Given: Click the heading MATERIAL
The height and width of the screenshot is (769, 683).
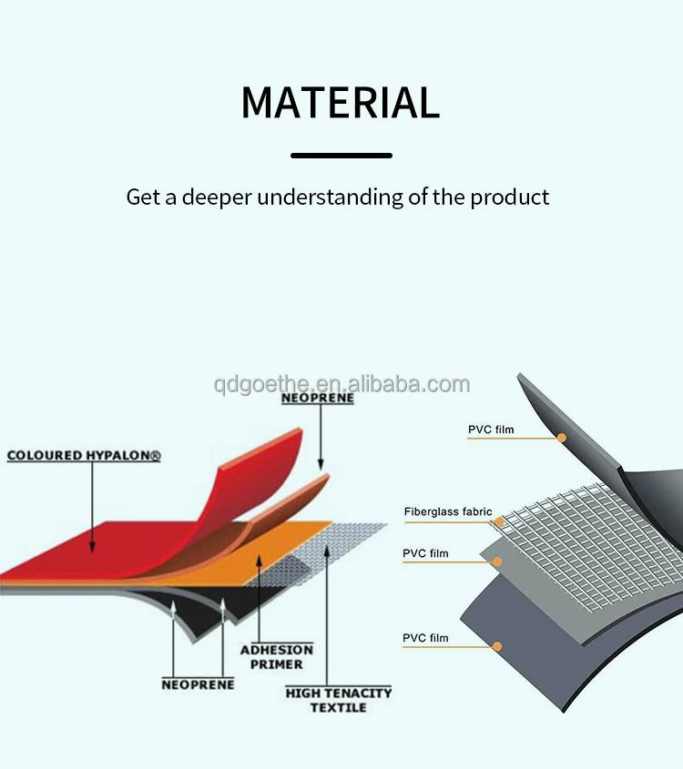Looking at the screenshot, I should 341,102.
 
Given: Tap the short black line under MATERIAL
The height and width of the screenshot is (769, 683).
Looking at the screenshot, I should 341,156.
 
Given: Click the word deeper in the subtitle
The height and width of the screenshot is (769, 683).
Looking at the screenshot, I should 217,197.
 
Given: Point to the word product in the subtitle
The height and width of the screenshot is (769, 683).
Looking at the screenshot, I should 510,197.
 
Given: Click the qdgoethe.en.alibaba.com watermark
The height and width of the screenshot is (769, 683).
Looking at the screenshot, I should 341,384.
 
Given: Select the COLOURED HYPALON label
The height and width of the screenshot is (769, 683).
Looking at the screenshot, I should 84,455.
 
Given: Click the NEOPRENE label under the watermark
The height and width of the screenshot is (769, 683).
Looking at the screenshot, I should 317,398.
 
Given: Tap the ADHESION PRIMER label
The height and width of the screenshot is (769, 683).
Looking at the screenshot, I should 276,657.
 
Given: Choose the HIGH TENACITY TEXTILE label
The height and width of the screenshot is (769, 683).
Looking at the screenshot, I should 338,700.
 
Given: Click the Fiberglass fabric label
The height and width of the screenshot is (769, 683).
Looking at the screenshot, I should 447,512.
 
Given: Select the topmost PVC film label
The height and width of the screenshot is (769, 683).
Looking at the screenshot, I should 491,429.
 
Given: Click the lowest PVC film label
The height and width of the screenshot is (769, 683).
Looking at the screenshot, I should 425,638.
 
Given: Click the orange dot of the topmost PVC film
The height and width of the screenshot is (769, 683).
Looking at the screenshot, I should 562,438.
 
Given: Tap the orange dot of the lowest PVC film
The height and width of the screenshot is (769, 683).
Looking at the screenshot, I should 497,647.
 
